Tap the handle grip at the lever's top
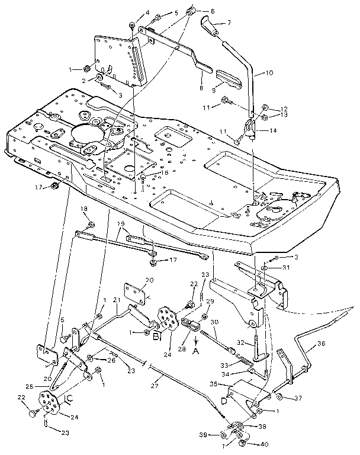click(x=208, y=26)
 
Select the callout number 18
click(x=83, y=209)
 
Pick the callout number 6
click(x=212, y=11)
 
